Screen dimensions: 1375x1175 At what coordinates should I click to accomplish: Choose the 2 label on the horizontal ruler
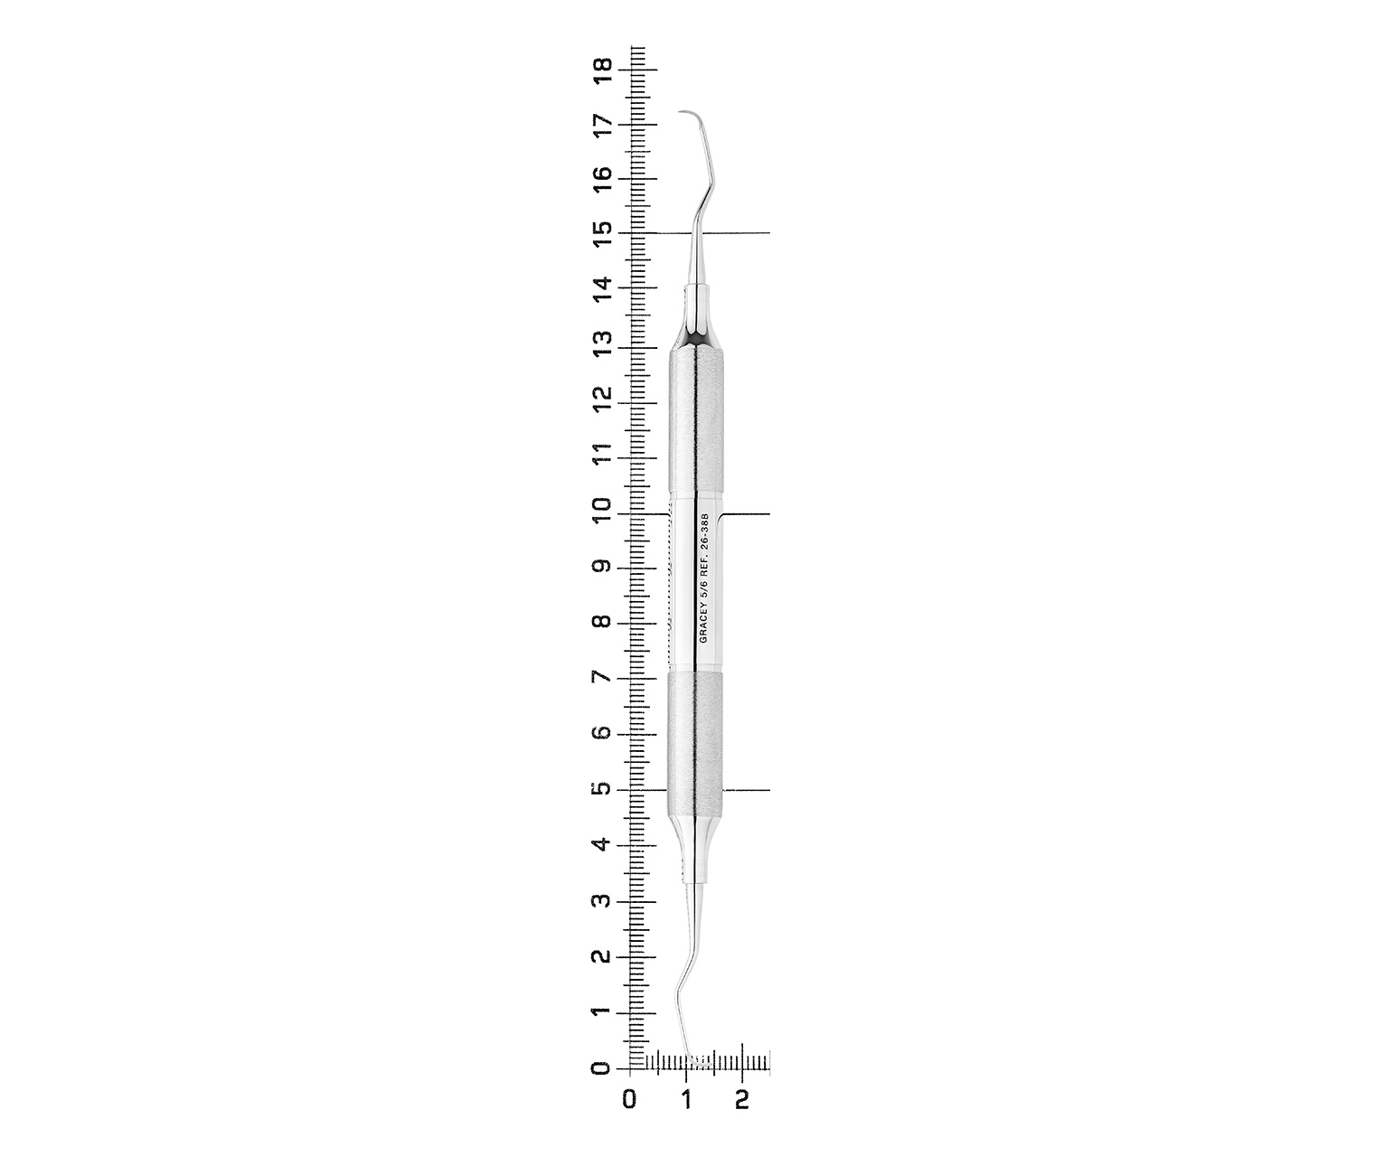pyautogui.click(x=742, y=1100)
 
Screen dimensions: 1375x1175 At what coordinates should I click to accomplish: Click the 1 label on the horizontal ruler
pyautogui.click(x=686, y=1100)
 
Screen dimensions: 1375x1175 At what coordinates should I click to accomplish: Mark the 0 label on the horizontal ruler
pyautogui.click(x=629, y=1100)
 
